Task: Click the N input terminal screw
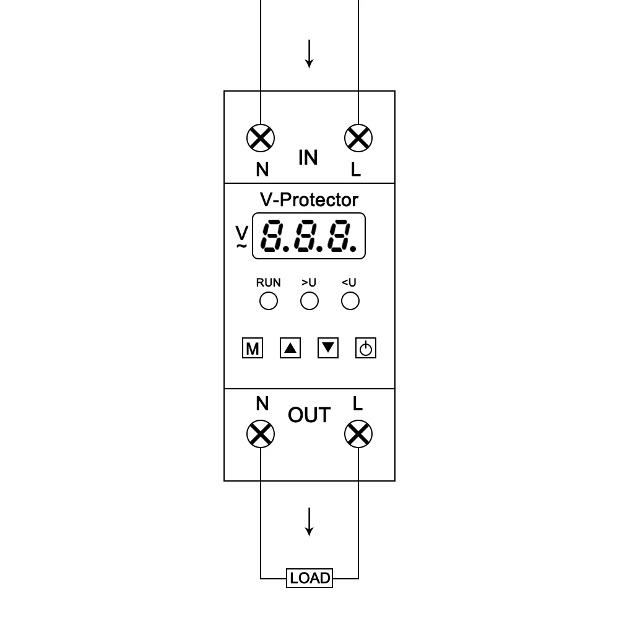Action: (261, 138)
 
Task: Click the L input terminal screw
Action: (358, 138)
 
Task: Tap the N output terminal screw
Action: (261, 434)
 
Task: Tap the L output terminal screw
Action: (358, 434)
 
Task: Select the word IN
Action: (308, 158)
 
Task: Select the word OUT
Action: (309, 415)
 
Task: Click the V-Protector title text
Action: (309, 199)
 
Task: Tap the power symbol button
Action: (366, 348)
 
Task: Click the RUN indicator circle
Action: (268, 301)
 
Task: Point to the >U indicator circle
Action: (309, 301)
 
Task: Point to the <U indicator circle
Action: (350, 301)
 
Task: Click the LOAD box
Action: (309, 578)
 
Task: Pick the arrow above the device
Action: (309, 54)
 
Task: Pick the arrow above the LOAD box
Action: (309, 521)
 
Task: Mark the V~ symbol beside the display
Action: (242, 238)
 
